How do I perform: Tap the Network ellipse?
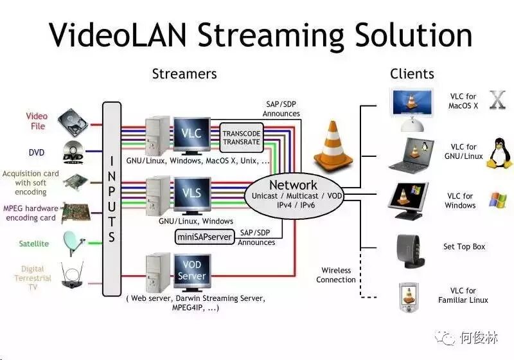tap(293, 192)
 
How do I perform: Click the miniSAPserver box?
tap(204, 237)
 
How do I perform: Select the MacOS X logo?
tap(497, 100)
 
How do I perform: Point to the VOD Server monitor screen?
tap(192, 270)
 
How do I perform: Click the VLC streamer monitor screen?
tap(192, 134)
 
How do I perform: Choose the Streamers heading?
tap(184, 73)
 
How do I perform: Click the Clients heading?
tap(412, 74)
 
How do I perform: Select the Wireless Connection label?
tap(336, 274)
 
